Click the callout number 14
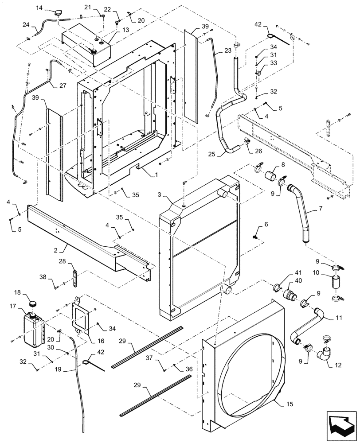[39, 8]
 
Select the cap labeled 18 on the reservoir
[32, 304]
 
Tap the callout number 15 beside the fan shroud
[277, 404]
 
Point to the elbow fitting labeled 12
[325, 354]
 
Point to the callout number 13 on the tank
[113, 29]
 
